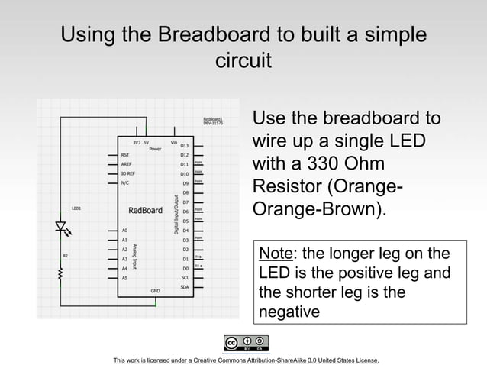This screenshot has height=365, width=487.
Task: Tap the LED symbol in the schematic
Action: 61,228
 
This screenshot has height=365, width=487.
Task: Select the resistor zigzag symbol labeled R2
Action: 61,270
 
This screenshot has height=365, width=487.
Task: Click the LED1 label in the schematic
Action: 76,208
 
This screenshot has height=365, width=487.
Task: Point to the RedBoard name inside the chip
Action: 144,210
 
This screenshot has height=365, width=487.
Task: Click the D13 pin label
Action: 184,144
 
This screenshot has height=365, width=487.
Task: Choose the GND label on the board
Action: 154,291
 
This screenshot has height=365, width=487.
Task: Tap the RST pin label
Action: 125,154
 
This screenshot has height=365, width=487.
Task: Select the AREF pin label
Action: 126,163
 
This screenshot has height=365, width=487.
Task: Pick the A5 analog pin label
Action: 124,278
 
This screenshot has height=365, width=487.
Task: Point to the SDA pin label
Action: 184,287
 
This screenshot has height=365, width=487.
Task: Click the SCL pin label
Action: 184,278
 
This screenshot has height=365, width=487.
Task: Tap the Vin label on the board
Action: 174,141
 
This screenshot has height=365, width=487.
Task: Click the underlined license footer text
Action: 245,360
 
